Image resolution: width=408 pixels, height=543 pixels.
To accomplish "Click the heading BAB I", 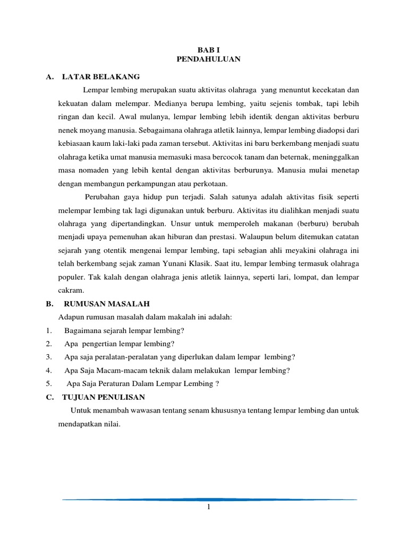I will pyautogui.click(x=208, y=48).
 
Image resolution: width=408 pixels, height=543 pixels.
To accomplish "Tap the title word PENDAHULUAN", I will pyautogui.click(x=208, y=59).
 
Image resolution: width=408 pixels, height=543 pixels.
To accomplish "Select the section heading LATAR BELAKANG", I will pyautogui.click(x=101, y=77).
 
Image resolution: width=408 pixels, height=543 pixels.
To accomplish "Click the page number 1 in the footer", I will pyautogui.click(x=209, y=507).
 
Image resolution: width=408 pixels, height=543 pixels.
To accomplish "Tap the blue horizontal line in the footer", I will pyautogui.click(x=209, y=499).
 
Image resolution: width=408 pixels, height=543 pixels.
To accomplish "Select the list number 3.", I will pyautogui.click(x=48, y=356).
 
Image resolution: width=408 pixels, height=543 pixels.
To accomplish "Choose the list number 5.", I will pyautogui.click(x=48, y=383).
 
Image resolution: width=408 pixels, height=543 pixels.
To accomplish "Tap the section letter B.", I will pyautogui.click(x=48, y=303).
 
